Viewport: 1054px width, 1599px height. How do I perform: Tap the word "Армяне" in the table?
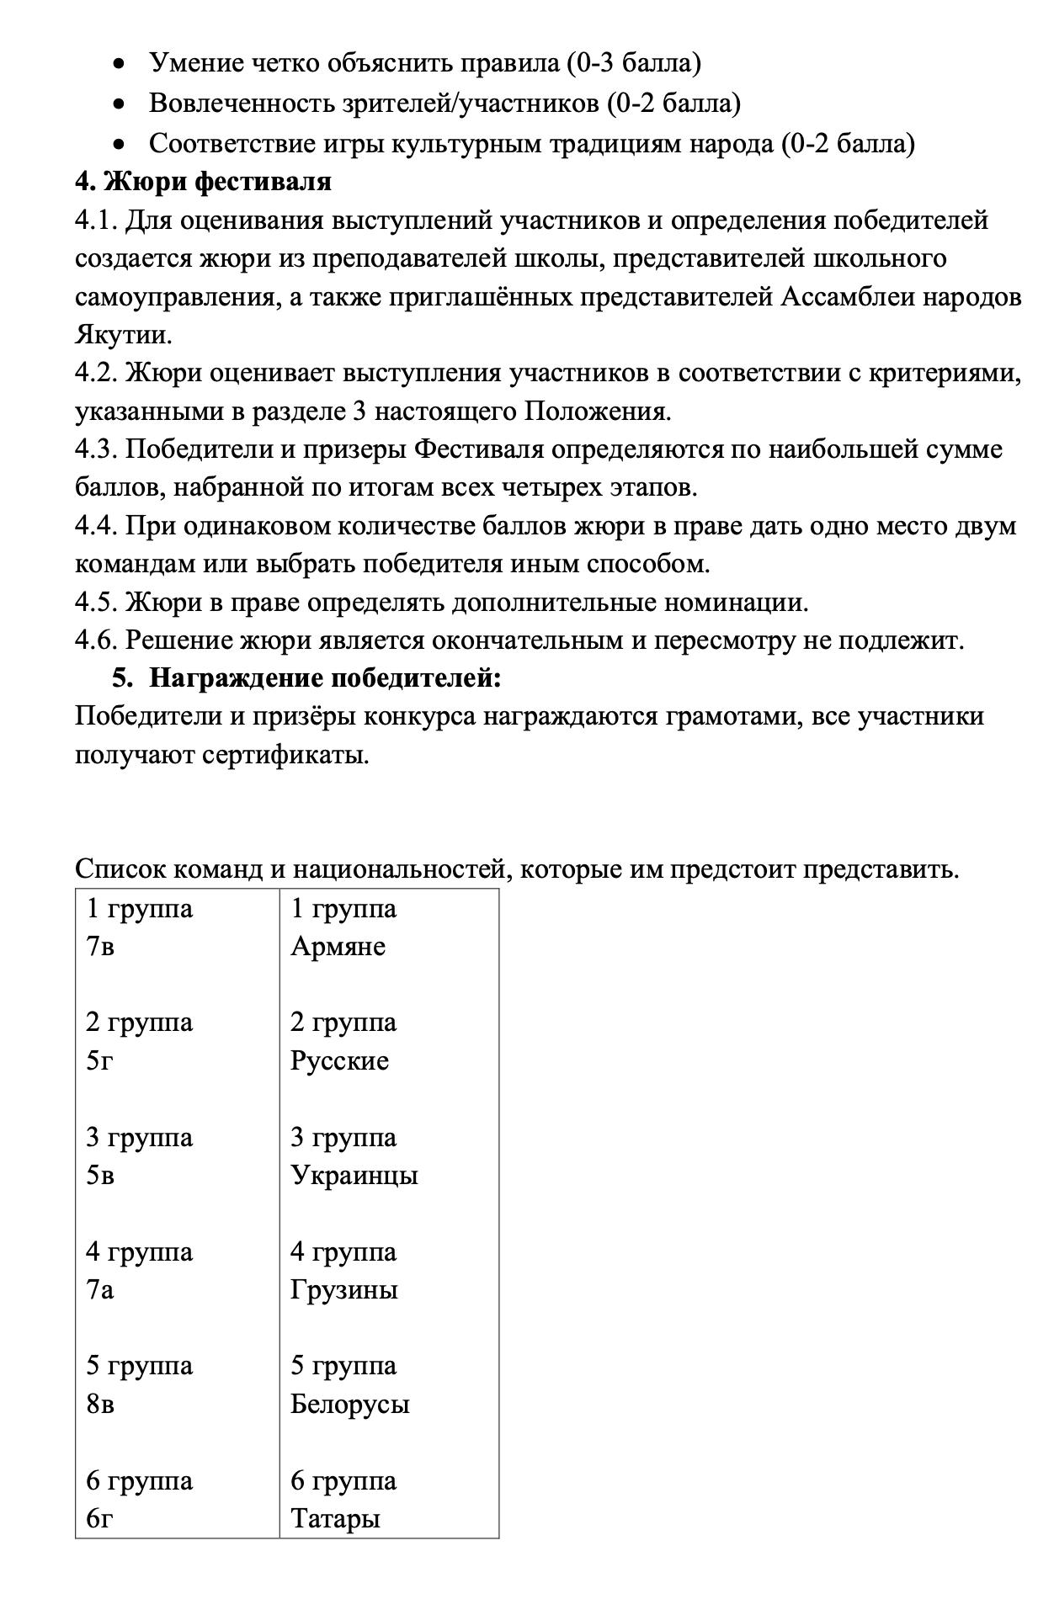point(338,947)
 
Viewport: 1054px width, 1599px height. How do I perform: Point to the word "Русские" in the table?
point(339,1060)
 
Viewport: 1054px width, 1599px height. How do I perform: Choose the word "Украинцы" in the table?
point(354,1175)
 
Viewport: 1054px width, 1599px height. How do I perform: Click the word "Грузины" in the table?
point(343,1289)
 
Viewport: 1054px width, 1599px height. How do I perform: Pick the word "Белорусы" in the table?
point(349,1404)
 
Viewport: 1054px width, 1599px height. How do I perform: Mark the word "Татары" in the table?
point(335,1518)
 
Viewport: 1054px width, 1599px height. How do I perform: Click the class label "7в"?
point(100,947)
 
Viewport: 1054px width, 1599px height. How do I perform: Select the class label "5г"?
point(99,1060)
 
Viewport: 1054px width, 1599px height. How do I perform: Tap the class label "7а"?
point(99,1289)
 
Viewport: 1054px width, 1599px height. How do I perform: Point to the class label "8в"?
point(100,1404)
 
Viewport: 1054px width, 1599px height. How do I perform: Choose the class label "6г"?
point(99,1518)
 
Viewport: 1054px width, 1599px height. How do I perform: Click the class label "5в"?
point(100,1175)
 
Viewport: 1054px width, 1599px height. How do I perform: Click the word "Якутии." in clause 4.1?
point(123,335)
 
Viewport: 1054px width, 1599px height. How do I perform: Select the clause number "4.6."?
point(97,640)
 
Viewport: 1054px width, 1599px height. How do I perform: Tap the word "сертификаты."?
point(285,755)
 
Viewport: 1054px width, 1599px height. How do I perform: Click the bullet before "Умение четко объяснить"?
point(122,63)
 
